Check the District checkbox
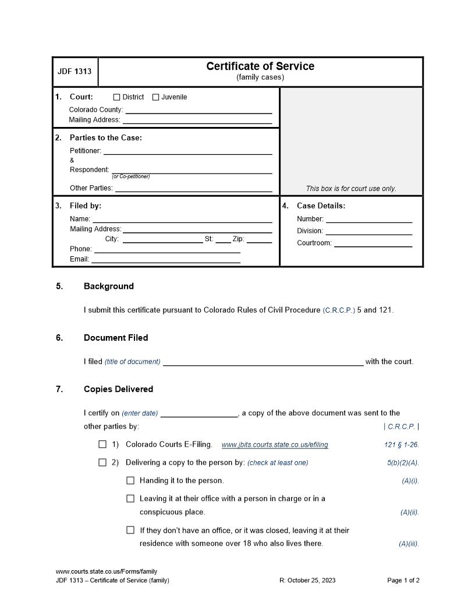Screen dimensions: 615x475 [116, 97]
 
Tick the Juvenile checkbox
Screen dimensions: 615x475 [155, 97]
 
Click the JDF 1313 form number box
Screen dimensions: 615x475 [75, 72]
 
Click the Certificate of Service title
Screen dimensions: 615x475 [260, 66]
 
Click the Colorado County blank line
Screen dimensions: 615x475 [198, 111]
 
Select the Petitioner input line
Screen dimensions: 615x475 [187, 152]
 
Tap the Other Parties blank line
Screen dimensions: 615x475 [193, 189]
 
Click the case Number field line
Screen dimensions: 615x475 [368, 220]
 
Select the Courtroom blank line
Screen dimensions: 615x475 [373, 245]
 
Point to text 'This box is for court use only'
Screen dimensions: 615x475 [351, 189]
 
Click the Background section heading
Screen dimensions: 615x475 [109, 286]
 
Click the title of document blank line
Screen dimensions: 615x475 [263, 363]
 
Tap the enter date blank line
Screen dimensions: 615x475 [198, 415]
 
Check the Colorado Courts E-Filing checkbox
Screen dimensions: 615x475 [102, 444]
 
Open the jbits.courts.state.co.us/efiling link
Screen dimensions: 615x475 [275, 445]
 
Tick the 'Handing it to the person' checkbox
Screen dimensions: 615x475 [130, 480]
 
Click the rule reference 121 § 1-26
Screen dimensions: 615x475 [401, 445]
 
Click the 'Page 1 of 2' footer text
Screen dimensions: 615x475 [403, 580]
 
